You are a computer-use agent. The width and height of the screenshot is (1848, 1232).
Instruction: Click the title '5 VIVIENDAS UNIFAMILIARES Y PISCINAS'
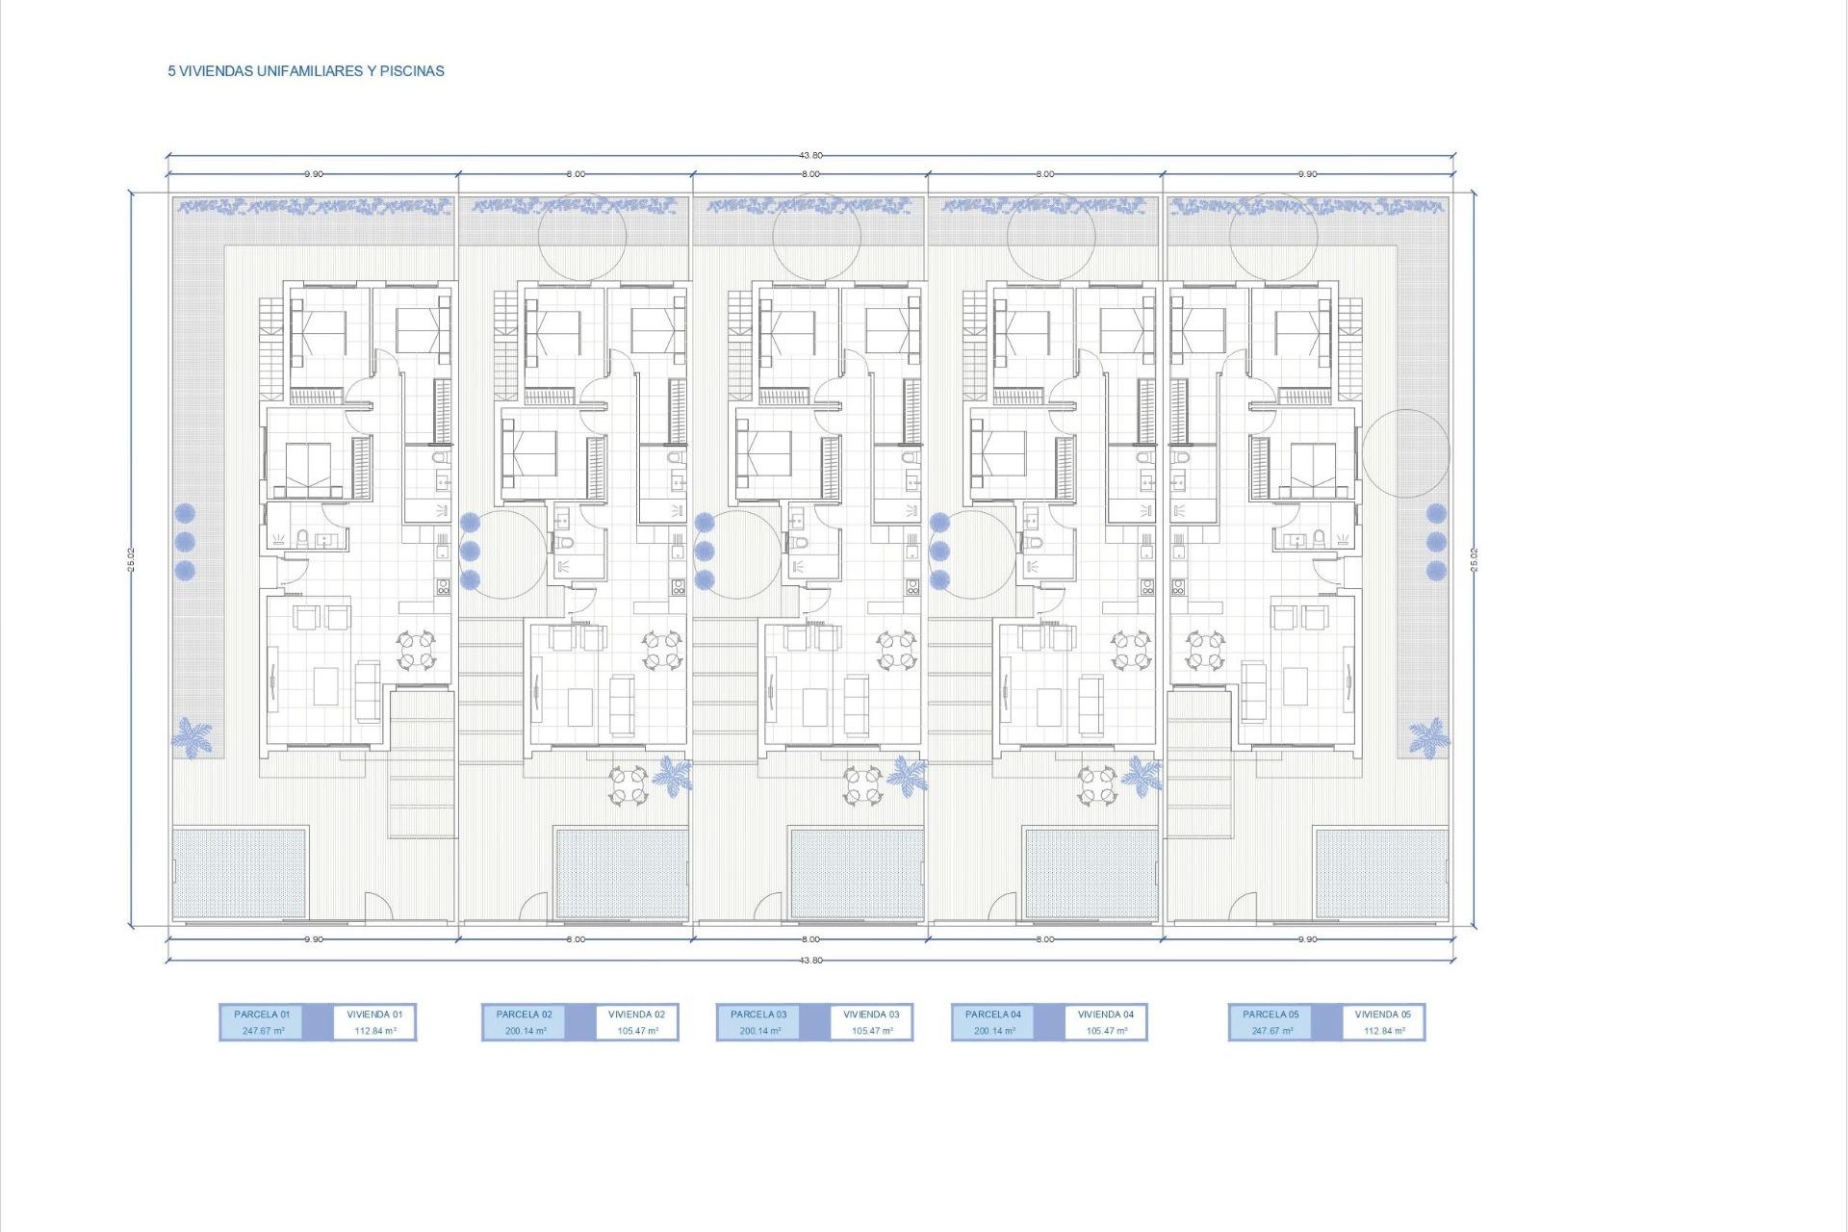pyautogui.click(x=306, y=71)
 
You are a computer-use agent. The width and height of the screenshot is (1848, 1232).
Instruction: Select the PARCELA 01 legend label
pyautogui.click(x=262, y=1014)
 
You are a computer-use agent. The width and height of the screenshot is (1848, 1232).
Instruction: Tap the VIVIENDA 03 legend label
pyautogui.click(x=871, y=1014)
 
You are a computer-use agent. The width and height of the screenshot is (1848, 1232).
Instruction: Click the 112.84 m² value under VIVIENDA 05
pyautogui.click(x=1384, y=1031)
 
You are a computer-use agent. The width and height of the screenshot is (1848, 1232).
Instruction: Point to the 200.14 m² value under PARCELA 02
pyautogui.click(x=526, y=1031)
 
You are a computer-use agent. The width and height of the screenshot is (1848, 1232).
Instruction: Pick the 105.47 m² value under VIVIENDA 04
pyautogui.click(x=1107, y=1031)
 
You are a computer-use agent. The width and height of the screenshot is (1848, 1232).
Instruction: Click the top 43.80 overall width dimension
pyautogui.click(x=810, y=155)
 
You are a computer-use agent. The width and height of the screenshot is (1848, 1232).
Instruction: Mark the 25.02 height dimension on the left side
pyautogui.click(x=131, y=559)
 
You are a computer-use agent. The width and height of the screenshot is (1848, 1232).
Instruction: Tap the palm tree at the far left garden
pyautogui.click(x=192, y=736)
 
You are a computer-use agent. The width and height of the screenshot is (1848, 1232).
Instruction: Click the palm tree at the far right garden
pyautogui.click(x=1428, y=737)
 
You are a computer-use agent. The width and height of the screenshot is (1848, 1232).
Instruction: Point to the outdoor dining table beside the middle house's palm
pyautogui.click(x=862, y=785)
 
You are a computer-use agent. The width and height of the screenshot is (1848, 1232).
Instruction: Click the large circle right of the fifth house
pyautogui.click(x=1406, y=453)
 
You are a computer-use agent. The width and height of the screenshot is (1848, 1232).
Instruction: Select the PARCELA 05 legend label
pyautogui.click(x=1270, y=1014)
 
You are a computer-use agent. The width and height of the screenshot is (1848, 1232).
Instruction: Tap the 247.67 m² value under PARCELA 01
pyautogui.click(x=264, y=1031)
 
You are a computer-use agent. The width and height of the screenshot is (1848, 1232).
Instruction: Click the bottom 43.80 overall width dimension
pyautogui.click(x=810, y=961)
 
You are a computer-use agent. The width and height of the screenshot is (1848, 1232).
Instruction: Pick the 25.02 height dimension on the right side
pyautogui.click(x=1474, y=559)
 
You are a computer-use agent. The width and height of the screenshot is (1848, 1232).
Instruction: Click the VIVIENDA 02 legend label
pyautogui.click(x=636, y=1014)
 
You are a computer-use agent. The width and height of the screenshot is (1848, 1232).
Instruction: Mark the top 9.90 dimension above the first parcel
pyautogui.click(x=314, y=174)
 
